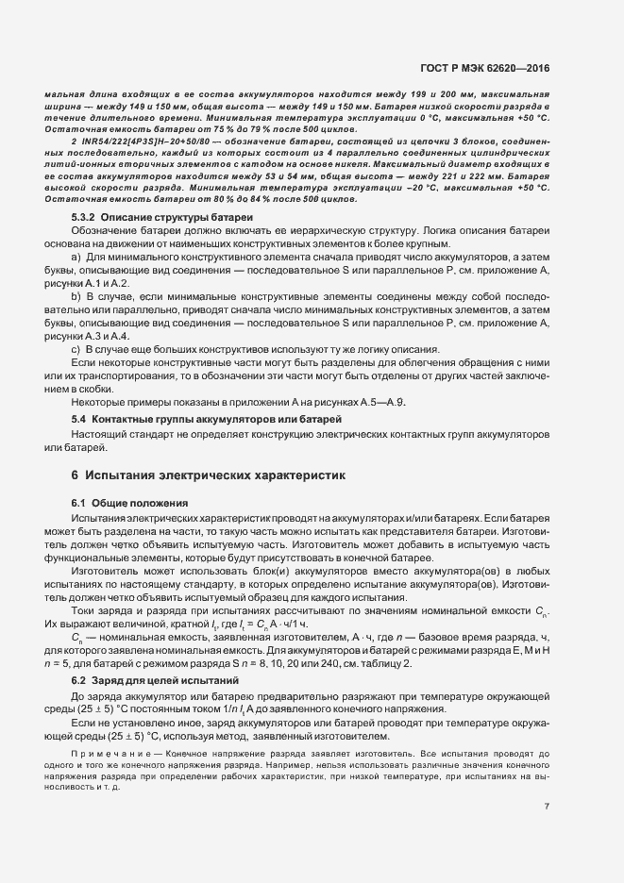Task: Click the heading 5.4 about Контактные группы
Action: pyautogui.click(x=206, y=418)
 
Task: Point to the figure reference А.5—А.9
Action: pyautogui.click(x=383, y=403)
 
